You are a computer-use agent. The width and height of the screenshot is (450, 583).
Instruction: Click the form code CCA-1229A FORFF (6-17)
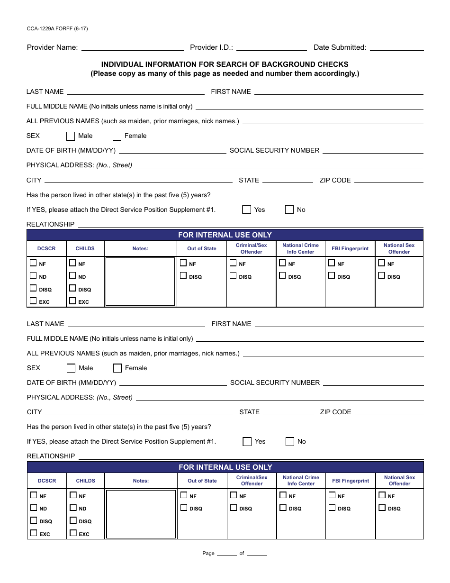57,28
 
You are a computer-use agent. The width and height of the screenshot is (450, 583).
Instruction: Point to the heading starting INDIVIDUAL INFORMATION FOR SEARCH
225,64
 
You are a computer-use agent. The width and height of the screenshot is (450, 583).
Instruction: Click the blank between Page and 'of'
226,554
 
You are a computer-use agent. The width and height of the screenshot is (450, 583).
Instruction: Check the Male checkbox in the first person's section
71,137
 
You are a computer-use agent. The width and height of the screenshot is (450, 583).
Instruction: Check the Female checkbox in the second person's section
117,368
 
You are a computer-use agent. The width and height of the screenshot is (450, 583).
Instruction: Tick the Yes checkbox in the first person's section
247,210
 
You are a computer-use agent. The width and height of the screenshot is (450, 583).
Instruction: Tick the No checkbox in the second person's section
290,442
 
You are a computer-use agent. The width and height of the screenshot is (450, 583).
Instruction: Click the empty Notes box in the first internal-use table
140,282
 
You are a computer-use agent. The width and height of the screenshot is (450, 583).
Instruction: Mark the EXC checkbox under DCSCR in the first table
33,301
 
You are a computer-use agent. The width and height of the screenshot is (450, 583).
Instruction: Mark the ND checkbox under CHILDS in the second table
73,508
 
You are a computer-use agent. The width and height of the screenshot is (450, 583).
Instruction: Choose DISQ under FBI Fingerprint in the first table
332,275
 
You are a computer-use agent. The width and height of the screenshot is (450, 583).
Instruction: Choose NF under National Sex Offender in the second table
382,495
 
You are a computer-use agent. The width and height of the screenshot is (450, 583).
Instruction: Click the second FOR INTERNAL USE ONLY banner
225,467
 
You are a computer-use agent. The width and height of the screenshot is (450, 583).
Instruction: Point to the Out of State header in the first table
202,249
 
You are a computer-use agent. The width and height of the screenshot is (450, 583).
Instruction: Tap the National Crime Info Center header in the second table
301,481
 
